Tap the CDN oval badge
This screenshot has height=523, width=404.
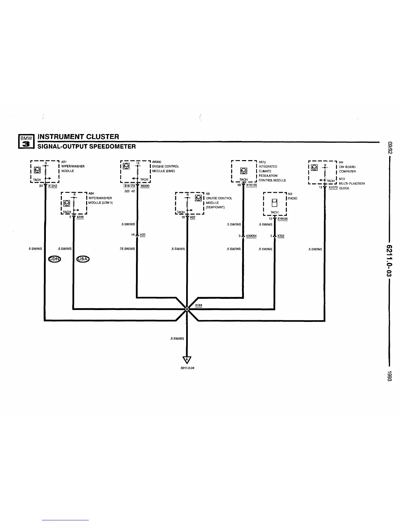pyautogui.click(x=55, y=259)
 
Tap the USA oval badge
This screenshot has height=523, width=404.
pyautogui.click(x=83, y=259)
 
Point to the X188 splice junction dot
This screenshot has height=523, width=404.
pyautogui.click(x=187, y=309)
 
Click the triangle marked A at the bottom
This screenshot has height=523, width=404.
pyautogui.click(x=187, y=360)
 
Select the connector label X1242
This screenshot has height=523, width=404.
pyautogui.click(x=52, y=186)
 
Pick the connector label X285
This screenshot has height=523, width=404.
pyautogui.click(x=80, y=217)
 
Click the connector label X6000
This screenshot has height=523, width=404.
pyautogui.click(x=145, y=186)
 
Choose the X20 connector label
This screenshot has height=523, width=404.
pyautogui.click(x=143, y=235)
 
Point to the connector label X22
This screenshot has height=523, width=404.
pyautogui.click(x=192, y=217)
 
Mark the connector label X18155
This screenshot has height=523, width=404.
pyautogui.click(x=252, y=185)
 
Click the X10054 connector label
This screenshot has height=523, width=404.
pyautogui.click(x=251, y=236)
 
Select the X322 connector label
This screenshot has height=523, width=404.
pyautogui.click(x=281, y=236)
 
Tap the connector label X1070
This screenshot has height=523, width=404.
pyautogui.click(x=333, y=187)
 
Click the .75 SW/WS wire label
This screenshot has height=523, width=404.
pyautogui.click(x=127, y=249)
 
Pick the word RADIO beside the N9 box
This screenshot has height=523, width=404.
pyautogui.click(x=293, y=198)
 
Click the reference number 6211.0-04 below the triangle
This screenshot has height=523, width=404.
pyautogui.click(x=187, y=368)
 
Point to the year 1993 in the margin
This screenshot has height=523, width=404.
pyautogui.click(x=389, y=377)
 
